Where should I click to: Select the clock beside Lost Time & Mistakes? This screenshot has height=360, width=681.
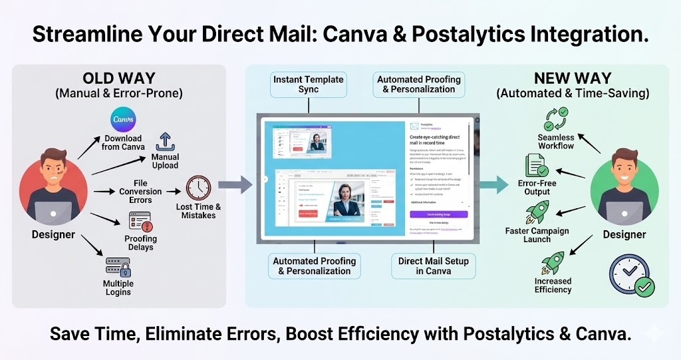tap(198, 188)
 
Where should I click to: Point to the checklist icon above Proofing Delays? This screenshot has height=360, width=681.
tap(140, 221)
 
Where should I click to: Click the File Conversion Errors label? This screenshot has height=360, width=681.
tap(140, 192)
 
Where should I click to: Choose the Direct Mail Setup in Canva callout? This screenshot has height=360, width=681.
tap(433, 266)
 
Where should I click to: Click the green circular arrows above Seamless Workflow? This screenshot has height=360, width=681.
tap(555, 120)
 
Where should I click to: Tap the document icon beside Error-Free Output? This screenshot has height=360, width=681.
tap(536, 166)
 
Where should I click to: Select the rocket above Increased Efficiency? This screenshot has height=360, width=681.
tap(553, 263)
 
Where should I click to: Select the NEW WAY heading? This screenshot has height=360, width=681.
tap(573, 78)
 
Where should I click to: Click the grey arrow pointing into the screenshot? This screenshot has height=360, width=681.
tap(235, 183)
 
